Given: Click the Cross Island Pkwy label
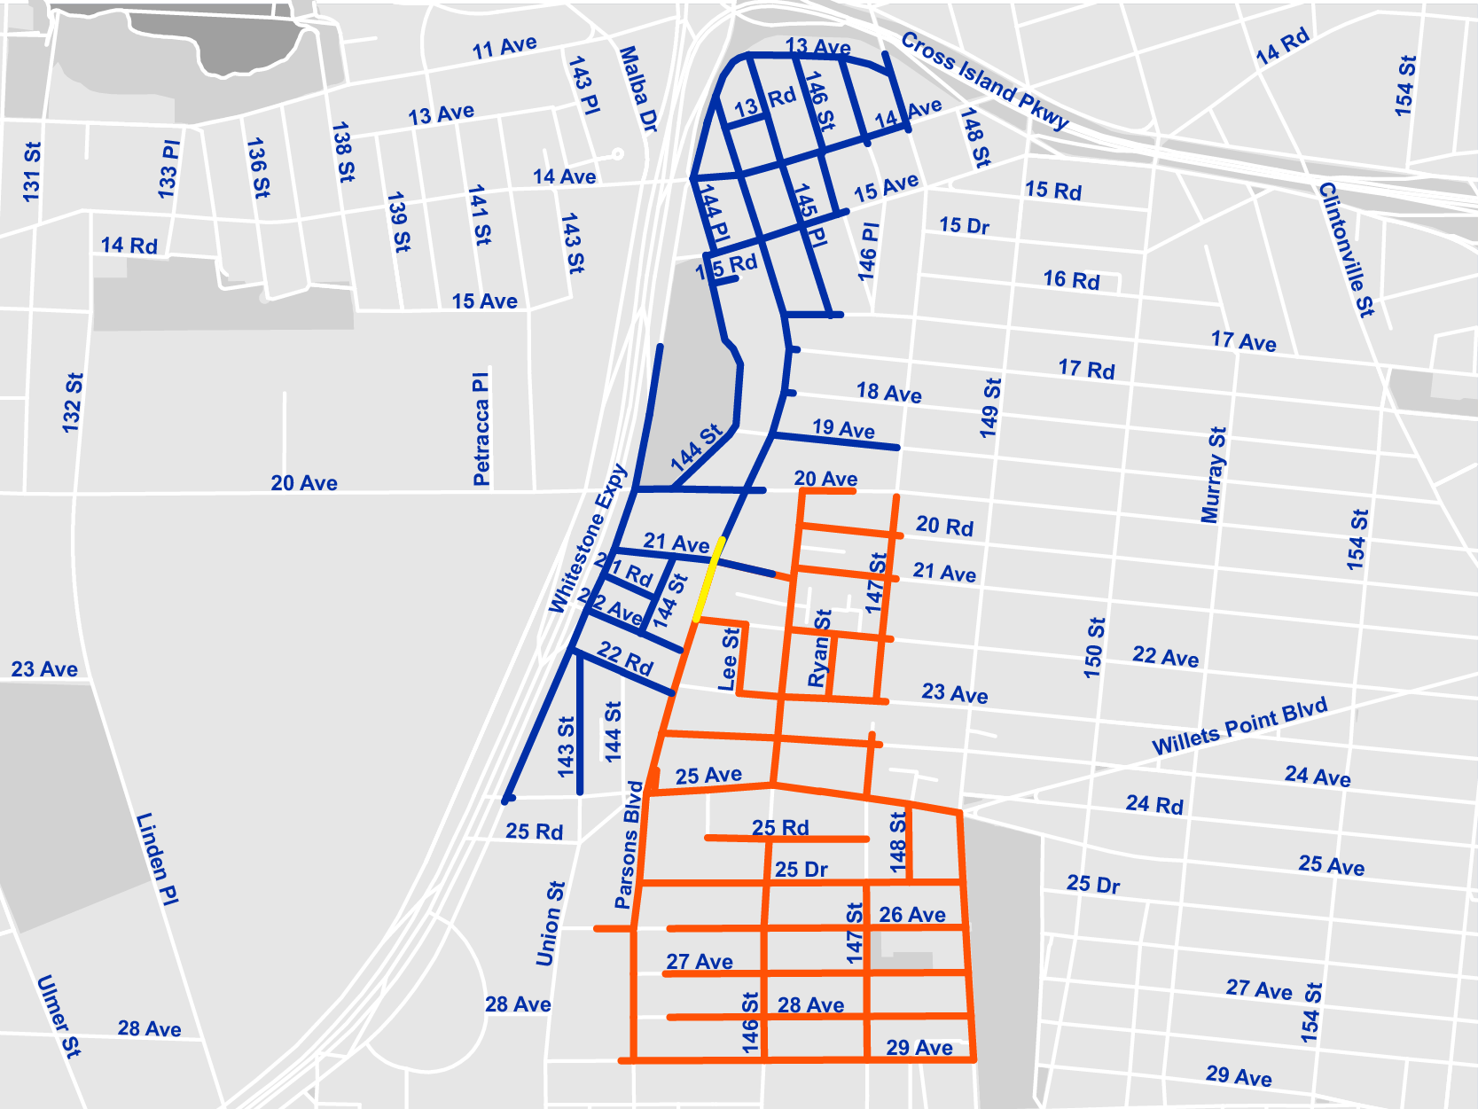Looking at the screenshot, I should coord(984,81).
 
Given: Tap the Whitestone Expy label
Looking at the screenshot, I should coord(588,538).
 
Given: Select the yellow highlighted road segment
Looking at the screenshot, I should coord(709,579).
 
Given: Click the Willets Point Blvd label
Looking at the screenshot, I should coord(1239,726).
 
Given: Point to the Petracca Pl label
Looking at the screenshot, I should coord(481,429).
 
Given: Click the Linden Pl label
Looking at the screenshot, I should coord(158,858).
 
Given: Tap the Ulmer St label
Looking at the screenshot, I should coord(59,1015).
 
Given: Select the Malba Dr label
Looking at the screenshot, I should coord(638,90).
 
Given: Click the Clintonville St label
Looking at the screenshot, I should coord(1346,249).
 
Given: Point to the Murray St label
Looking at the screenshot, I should coord(1213,475).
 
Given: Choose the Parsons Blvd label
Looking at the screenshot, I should coord(628,845).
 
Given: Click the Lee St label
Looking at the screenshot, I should coord(728,660).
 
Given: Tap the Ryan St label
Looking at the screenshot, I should coord(819,648).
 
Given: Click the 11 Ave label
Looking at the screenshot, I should coord(504,47).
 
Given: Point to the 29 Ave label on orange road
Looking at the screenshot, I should coord(919,1047).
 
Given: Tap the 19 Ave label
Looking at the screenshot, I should coord(843,429).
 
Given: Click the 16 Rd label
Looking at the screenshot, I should coord(1071,280).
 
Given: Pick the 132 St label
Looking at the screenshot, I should coord(72,403).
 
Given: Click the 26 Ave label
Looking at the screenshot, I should coord(911,914).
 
